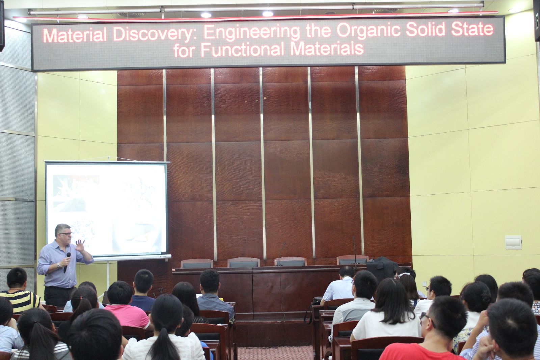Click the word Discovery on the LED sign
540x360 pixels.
click(153, 34)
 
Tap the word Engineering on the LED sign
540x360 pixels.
click(252, 32)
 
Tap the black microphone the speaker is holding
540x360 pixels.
click(67, 262)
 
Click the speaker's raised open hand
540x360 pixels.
click(80, 246)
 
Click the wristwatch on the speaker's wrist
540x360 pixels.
click(59, 266)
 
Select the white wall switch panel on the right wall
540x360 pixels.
click(513, 242)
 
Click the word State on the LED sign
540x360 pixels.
click(473, 29)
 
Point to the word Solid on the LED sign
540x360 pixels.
click(425, 30)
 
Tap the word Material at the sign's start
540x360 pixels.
click(75, 35)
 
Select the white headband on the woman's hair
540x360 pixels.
click(404, 274)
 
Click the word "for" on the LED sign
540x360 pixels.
click(184, 50)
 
